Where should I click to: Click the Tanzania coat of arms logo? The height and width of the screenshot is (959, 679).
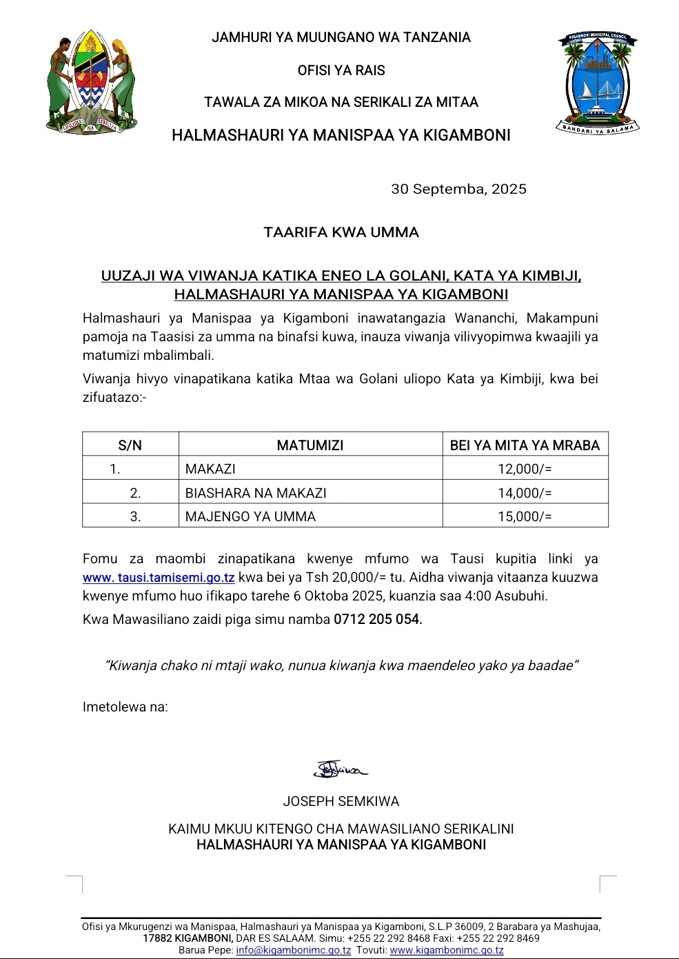92,81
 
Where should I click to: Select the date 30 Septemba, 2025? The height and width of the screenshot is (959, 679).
458,189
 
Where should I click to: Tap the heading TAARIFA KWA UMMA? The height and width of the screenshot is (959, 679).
341,232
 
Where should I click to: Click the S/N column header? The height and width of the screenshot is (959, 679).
130,445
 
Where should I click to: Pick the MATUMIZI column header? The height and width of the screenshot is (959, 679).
310,445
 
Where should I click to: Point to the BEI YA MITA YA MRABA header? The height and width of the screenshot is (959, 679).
525,445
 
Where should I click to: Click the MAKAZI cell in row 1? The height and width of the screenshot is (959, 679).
210,469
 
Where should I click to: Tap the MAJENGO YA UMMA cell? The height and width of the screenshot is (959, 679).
250,516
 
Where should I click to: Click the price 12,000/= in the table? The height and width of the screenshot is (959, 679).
525,469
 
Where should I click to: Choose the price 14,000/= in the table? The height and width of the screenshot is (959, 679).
525,493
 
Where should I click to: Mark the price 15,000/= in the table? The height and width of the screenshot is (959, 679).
525,516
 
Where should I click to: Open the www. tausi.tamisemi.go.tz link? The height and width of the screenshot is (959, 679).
159,578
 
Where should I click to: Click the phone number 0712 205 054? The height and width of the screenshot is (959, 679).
378,619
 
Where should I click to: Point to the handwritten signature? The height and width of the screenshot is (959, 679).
341,769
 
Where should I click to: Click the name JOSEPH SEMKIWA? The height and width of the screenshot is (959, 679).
341,801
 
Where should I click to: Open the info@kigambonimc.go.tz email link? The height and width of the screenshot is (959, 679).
294,950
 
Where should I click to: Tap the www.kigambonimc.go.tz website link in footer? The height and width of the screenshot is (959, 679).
447,950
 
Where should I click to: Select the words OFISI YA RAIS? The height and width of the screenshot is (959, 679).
341,70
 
